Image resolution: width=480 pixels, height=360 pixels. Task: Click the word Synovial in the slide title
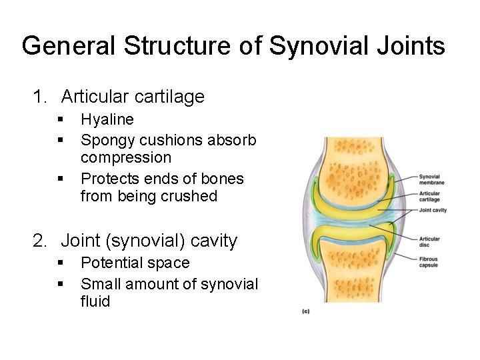[x=311, y=46]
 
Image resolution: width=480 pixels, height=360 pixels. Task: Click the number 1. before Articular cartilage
[x=41, y=97]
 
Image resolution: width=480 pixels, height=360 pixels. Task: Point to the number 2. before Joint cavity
[x=41, y=241]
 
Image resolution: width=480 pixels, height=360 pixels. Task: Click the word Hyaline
[x=107, y=120]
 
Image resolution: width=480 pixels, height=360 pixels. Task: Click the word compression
[x=126, y=158]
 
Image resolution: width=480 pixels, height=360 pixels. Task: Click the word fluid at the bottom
[x=95, y=301]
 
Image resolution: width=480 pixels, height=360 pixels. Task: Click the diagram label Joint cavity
[x=433, y=210]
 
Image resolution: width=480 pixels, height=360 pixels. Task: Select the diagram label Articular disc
[x=429, y=241]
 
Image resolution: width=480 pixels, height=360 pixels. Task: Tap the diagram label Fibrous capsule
[x=429, y=261]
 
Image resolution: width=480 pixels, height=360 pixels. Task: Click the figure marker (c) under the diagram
[x=306, y=311]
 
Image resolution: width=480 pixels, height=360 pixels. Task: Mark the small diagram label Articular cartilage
[x=430, y=197]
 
